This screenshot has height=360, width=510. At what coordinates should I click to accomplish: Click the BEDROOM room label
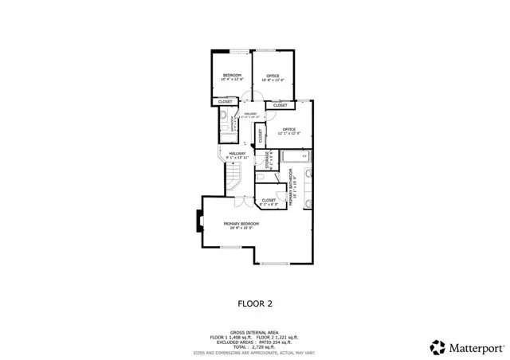point(231,76)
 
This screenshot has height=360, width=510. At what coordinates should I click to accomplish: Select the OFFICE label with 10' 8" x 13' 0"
point(273,76)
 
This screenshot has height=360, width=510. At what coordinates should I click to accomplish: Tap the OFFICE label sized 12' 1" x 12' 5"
point(288,130)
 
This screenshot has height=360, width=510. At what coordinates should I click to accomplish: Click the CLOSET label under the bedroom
point(226,102)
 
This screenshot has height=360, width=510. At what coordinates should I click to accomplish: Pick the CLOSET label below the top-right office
point(280,105)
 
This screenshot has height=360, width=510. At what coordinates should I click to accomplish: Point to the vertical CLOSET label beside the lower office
point(261,136)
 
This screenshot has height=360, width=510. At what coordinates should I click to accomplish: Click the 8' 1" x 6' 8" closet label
point(269,202)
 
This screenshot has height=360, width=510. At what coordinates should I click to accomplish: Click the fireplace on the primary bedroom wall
point(198,221)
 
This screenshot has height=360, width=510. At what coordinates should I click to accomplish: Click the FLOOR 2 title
point(255,303)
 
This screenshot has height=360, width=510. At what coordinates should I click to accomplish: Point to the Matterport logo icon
point(436,346)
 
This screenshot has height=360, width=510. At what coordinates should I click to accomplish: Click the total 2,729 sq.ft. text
point(255,347)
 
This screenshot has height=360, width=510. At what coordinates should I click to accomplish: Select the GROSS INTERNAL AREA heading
point(255,332)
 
